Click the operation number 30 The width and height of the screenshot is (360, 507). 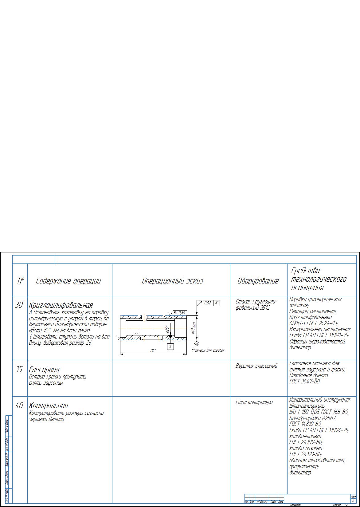[19, 305]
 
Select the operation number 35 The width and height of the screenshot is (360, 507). [19, 369]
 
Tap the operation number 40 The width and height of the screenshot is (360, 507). [19, 406]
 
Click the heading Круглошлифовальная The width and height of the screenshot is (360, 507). [61, 305]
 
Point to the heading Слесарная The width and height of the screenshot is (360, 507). [44, 369]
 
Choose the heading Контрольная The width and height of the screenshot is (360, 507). [48, 406]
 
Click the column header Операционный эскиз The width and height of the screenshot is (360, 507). [172, 281]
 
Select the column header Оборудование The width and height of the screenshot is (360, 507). [258, 281]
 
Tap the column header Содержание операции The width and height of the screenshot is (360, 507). [68, 281]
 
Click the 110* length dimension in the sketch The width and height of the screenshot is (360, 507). [153, 351]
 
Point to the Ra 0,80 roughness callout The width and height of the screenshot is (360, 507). [179, 313]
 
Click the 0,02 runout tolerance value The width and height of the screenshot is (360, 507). [208, 303]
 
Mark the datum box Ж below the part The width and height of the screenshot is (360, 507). [170, 347]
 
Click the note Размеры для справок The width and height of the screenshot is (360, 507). [208, 350]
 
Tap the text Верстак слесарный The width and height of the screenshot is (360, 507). [256, 366]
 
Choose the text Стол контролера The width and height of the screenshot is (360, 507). [254, 402]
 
